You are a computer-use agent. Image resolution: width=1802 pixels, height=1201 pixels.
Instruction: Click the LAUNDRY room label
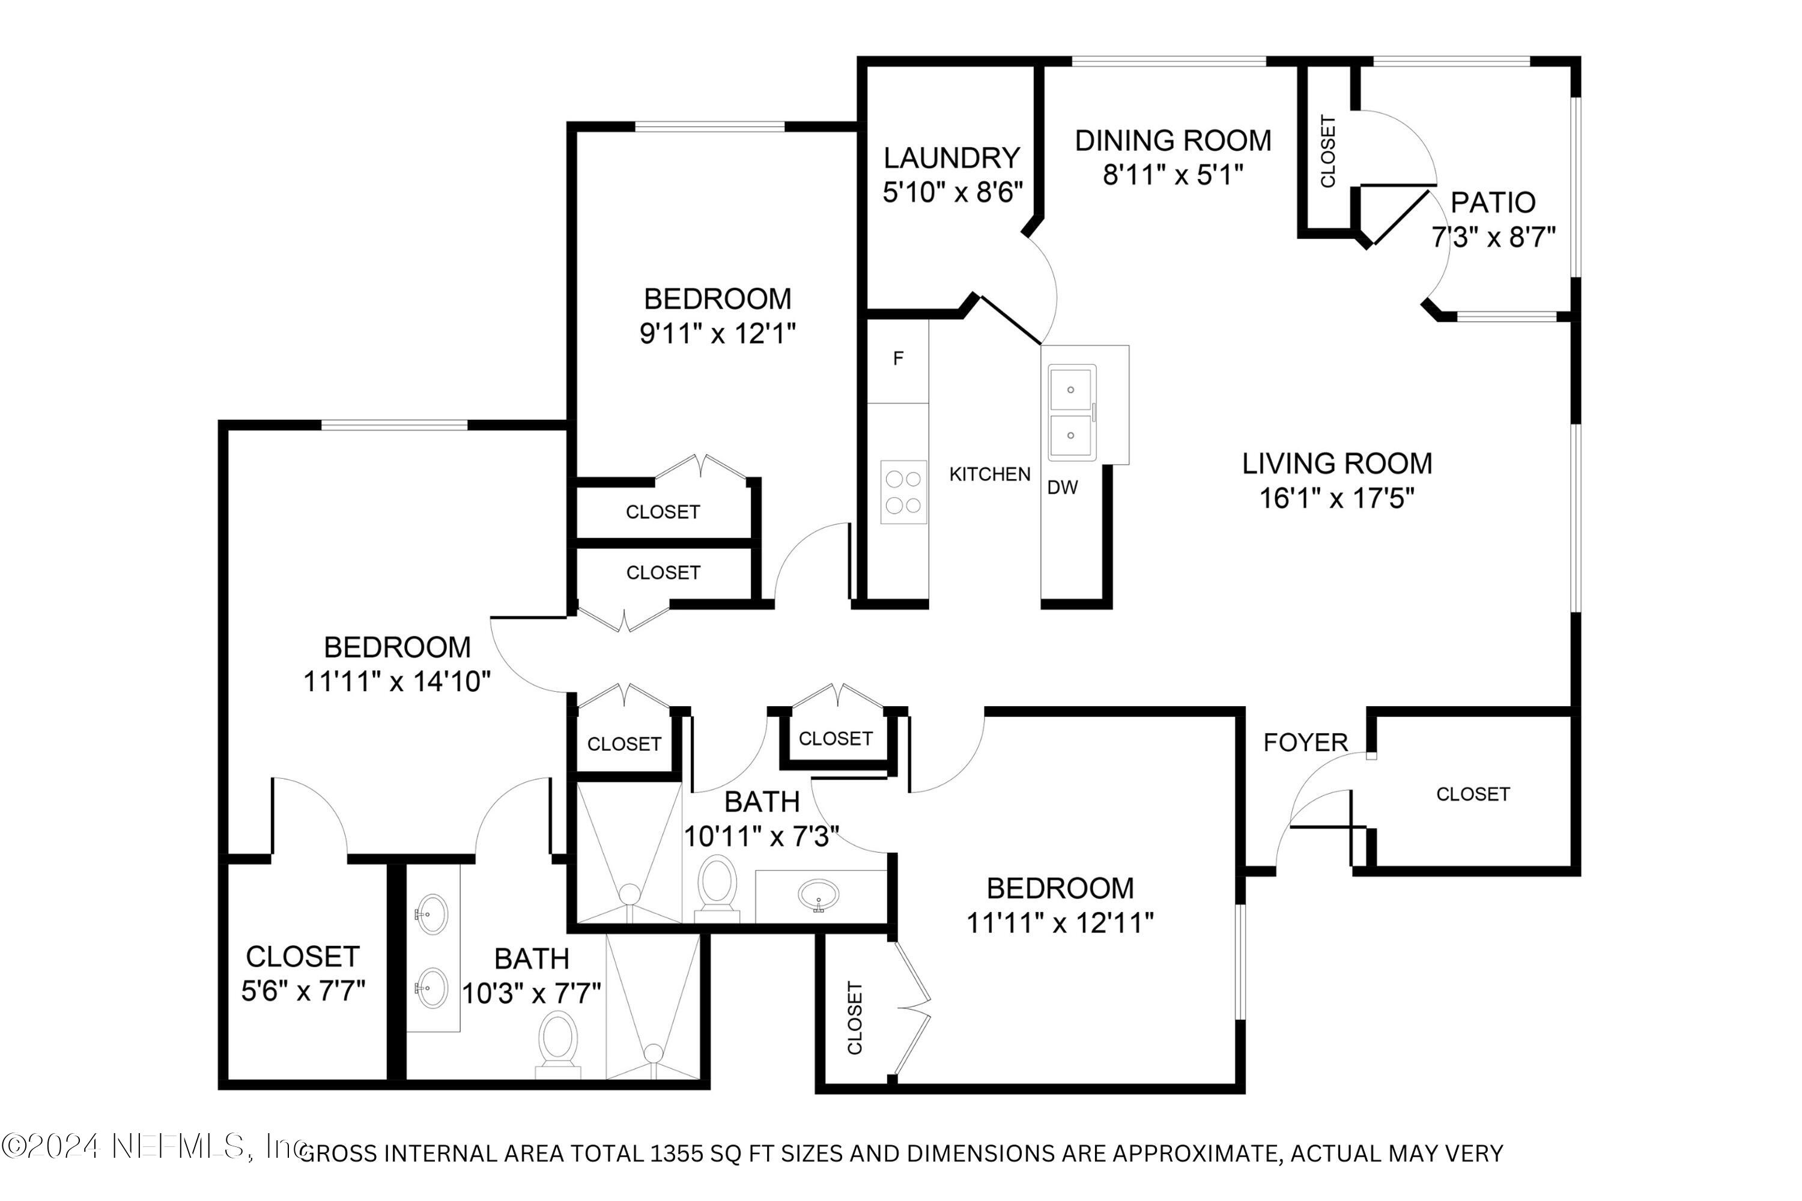(x=951, y=158)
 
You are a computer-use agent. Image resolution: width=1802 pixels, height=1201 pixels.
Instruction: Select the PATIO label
(x=1493, y=202)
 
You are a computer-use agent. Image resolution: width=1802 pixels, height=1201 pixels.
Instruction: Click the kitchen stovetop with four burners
(x=903, y=492)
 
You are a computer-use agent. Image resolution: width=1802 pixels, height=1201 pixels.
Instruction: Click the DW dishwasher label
(x=1062, y=487)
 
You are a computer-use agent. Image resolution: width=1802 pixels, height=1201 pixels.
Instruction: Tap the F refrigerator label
(x=898, y=358)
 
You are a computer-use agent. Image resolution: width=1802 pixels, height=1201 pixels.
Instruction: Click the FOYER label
(x=1305, y=742)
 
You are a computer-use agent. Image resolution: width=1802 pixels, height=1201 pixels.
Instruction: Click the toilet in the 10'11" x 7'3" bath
(x=717, y=886)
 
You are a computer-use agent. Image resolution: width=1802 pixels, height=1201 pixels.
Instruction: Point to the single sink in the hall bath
(x=818, y=895)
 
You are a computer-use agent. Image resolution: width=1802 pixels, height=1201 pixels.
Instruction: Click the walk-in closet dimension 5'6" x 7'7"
(x=303, y=991)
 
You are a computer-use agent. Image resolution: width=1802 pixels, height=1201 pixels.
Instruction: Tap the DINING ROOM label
(x=1173, y=141)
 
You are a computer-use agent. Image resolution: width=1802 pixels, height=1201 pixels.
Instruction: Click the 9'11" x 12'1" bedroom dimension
(x=717, y=333)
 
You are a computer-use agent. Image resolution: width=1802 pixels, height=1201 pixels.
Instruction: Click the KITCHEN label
(x=989, y=474)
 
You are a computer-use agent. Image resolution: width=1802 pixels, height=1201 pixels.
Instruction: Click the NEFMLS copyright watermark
(x=153, y=1146)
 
